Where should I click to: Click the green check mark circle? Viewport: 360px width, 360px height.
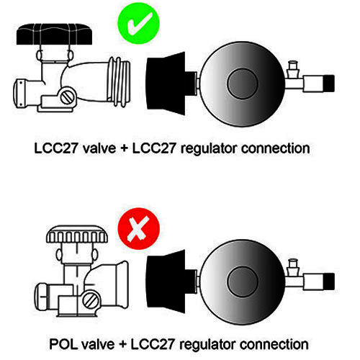pyautogui.click(x=138, y=23)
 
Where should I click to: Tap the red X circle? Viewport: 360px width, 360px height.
pyautogui.click(x=139, y=229)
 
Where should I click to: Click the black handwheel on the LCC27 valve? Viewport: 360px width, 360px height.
pyautogui.click(x=55, y=34)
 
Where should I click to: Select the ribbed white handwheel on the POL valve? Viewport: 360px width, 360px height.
pyautogui.click(x=77, y=234)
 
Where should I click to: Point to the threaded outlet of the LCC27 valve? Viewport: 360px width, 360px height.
pyautogui.click(x=119, y=81)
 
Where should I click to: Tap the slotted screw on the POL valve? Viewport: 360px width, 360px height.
pyautogui.click(x=91, y=300)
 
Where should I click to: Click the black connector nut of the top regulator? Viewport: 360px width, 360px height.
pyautogui.click(x=168, y=84)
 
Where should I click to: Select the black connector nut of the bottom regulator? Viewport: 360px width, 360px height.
pyautogui.click(x=168, y=282)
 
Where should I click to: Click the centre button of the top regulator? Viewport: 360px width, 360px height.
pyautogui.click(x=243, y=84)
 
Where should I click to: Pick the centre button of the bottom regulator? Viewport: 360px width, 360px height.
pyautogui.click(x=243, y=282)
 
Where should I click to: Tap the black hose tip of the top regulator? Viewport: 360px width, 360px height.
pyautogui.click(x=329, y=84)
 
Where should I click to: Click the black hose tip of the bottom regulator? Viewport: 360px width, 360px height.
pyautogui.click(x=329, y=282)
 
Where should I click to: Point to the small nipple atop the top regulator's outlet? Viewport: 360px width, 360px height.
pyautogui.click(x=293, y=66)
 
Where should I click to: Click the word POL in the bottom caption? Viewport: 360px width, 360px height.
pyautogui.click(x=63, y=344)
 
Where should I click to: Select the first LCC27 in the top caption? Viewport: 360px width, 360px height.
pyautogui.click(x=55, y=148)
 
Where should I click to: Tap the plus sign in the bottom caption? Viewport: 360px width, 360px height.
pyautogui.click(x=122, y=345)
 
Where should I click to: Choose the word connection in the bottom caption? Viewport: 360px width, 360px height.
pyautogui.click(x=274, y=344)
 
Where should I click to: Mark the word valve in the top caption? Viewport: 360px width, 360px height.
pyautogui.click(x=99, y=148)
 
